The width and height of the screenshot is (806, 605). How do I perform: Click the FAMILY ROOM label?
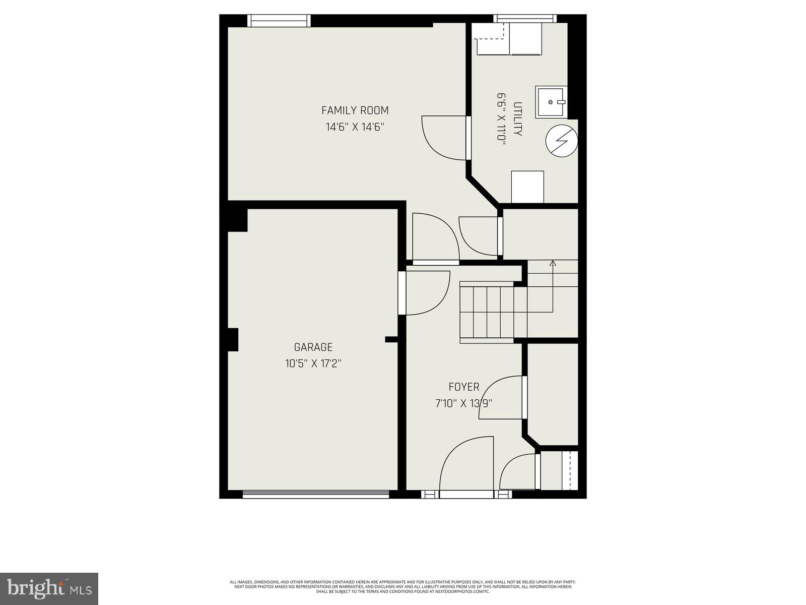point(355,110)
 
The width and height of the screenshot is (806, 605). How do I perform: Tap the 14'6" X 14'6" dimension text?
point(355,127)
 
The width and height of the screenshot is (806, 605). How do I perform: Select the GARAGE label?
point(313,347)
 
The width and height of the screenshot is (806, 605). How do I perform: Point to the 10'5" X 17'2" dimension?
point(313,364)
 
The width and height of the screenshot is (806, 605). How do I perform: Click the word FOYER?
point(464,387)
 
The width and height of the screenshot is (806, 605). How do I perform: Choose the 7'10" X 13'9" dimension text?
point(463,403)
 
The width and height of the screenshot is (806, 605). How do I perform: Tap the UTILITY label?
point(517,119)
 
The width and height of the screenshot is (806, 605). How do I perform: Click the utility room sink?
point(551,102)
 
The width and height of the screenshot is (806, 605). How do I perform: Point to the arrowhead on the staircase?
point(553,263)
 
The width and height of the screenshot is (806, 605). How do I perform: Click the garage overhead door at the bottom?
point(316,495)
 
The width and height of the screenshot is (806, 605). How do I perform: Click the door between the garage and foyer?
point(426,293)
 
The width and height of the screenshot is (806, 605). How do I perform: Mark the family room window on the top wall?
point(279,20)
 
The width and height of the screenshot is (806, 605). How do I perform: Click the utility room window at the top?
point(525,19)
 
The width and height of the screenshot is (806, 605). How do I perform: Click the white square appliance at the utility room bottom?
point(527,187)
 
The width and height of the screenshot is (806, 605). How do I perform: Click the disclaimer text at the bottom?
point(402,586)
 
